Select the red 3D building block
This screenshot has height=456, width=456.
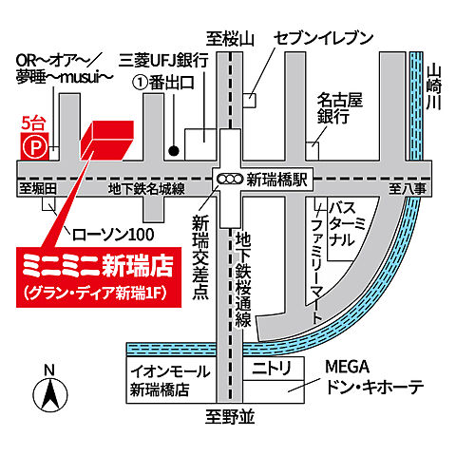105,142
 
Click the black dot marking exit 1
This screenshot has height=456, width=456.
173,149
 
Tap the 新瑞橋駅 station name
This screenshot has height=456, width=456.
277,178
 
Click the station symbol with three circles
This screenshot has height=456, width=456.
228,178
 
